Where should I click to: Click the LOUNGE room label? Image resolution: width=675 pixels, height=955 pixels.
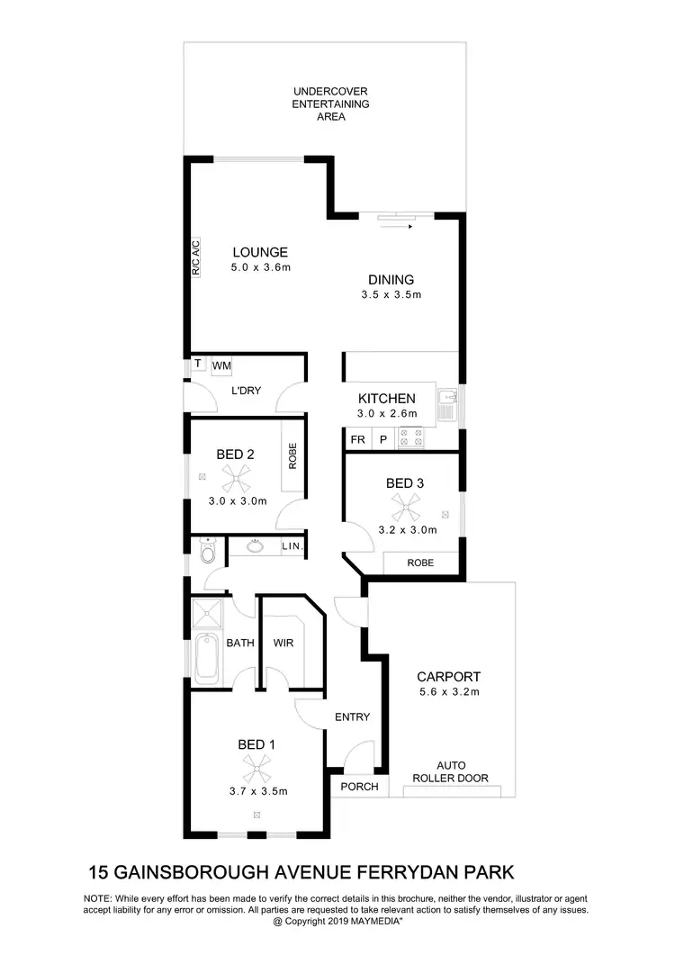pos(260,252)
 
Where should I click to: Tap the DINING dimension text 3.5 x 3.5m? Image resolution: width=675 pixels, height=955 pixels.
pos(391,294)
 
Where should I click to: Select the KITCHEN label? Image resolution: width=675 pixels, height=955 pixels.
pos(387,399)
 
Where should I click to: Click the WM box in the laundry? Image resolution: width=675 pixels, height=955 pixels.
pos(221,366)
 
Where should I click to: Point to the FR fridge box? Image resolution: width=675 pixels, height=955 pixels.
pos(357,439)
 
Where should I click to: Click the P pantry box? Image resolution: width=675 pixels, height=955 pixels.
pos(382,439)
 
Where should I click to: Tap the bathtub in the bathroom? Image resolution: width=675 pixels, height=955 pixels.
pos(206,655)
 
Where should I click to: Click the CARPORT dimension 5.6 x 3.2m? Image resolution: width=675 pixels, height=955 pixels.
pos(448,692)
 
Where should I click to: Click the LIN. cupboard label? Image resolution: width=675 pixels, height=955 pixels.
pos(292,547)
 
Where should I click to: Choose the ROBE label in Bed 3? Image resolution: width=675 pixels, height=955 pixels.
pos(420,563)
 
